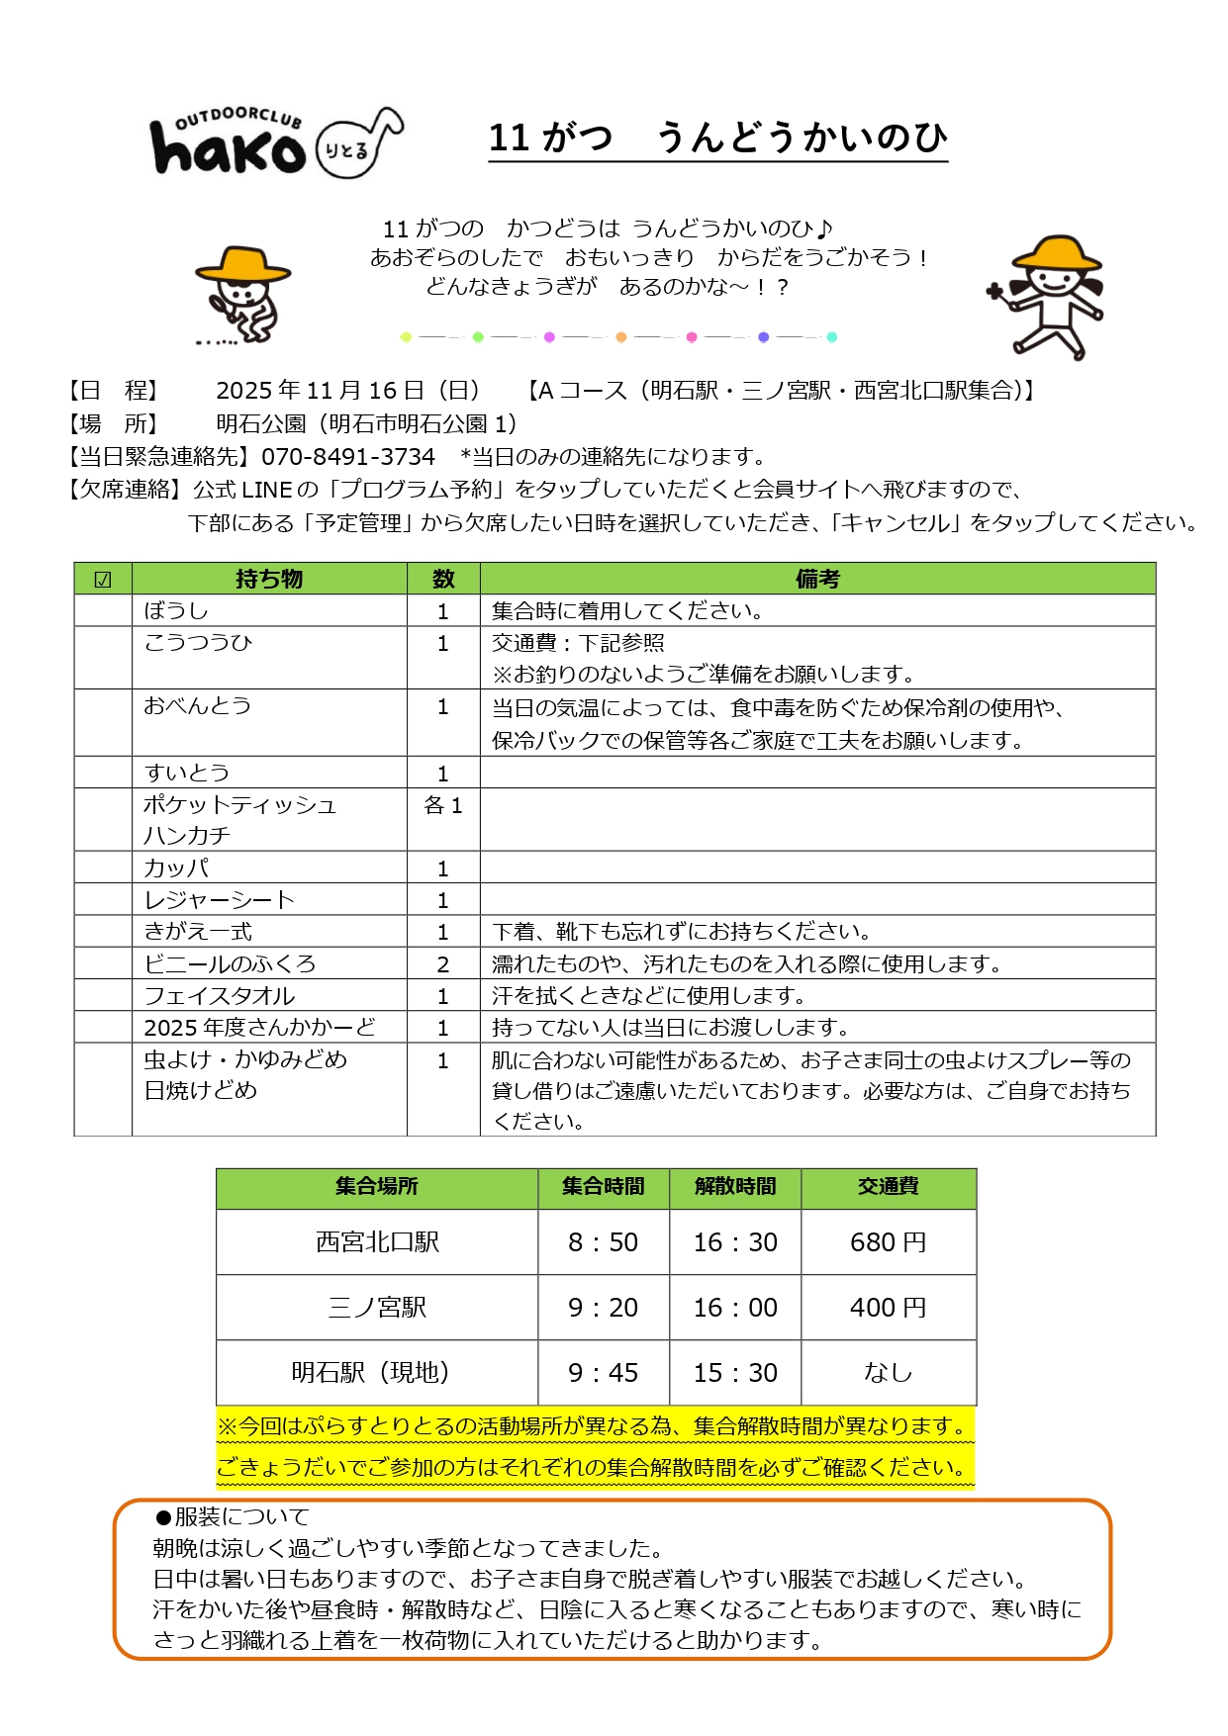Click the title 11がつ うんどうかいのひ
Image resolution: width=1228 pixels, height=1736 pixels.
(x=717, y=137)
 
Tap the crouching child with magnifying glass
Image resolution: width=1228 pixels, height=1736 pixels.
(x=241, y=294)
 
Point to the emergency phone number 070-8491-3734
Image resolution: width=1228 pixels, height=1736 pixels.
(x=347, y=457)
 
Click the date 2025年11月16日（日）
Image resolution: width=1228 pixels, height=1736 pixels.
(x=348, y=391)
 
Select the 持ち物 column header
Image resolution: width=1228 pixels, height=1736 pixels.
(x=269, y=579)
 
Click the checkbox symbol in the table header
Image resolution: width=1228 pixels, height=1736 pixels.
(x=103, y=580)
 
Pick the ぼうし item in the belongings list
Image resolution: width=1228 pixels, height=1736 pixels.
(x=176, y=610)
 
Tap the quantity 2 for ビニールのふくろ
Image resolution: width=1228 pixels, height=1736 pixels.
(x=443, y=963)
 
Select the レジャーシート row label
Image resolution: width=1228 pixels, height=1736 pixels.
(x=220, y=899)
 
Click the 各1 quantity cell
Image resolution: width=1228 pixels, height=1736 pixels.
(x=443, y=805)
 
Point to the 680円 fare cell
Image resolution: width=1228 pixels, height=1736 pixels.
(x=888, y=1242)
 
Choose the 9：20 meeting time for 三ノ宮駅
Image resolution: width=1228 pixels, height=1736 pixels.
(x=603, y=1308)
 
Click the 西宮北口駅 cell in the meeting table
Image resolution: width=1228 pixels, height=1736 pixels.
(x=377, y=1242)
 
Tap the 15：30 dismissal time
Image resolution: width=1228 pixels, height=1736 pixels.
(x=735, y=1373)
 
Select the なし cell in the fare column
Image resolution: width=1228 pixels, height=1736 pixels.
(x=888, y=1373)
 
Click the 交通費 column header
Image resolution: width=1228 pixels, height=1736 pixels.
(x=888, y=1186)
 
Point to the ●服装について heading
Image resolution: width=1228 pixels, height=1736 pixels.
(x=233, y=1516)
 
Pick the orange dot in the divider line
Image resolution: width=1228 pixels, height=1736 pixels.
(x=621, y=337)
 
